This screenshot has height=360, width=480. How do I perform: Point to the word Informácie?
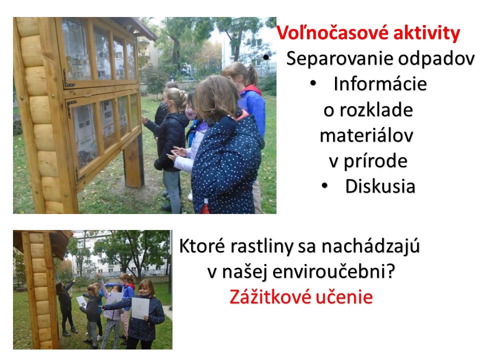(380, 83)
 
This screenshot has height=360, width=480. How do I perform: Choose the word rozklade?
(376, 109)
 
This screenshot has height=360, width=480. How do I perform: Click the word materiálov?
(366, 135)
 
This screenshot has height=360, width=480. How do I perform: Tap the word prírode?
(375, 161)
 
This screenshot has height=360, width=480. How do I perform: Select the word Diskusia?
(380, 186)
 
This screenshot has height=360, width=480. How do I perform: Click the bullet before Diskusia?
(325, 185)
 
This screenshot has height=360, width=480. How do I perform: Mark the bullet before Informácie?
(313, 83)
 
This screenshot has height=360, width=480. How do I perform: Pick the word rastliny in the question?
(259, 246)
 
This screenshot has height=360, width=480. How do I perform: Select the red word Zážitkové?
(270, 296)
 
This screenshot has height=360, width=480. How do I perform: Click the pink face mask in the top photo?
(190, 114)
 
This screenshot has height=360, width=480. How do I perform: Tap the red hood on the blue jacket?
(251, 89)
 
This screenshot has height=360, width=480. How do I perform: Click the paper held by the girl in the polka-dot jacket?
(140, 307)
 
